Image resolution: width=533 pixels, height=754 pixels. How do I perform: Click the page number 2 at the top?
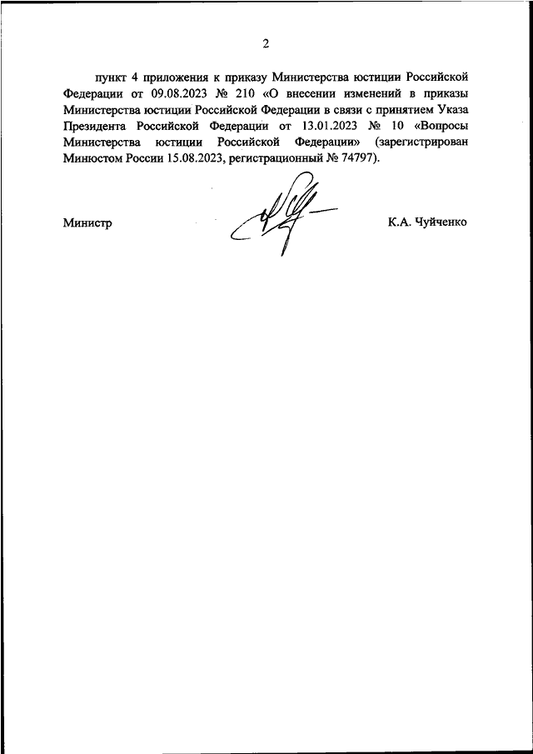coord(266,43)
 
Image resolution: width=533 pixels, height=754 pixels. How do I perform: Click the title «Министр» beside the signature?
coord(87,223)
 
